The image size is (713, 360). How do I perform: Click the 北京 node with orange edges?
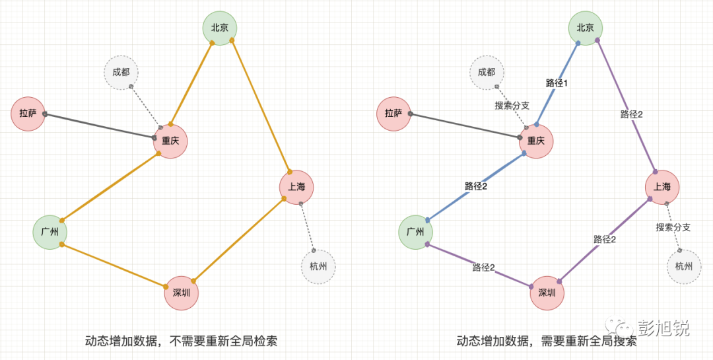(x=219, y=28)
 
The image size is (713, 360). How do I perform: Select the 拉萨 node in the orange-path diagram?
(x=28, y=114)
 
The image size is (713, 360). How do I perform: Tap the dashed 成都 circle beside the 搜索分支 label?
(x=487, y=73)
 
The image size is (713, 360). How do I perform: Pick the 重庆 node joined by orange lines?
(x=171, y=141)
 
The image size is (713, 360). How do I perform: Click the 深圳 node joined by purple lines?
(x=547, y=293)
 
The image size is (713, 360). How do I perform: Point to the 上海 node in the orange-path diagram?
(x=296, y=187)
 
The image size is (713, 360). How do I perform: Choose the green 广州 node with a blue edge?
(x=415, y=233)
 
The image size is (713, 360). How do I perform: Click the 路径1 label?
(x=557, y=83)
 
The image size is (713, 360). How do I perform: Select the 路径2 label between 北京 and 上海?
(x=632, y=114)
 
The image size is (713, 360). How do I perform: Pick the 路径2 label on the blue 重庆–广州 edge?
(x=475, y=186)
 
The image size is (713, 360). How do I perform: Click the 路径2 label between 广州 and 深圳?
(x=483, y=268)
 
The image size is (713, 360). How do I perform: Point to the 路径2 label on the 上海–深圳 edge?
(x=605, y=239)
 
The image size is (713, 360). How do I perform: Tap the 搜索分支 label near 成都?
(x=512, y=105)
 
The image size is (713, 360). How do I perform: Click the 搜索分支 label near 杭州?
(x=673, y=227)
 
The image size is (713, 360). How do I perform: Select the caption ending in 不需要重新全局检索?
(x=181, y=342)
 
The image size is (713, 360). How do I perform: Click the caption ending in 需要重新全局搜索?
(x=547, y=342)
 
